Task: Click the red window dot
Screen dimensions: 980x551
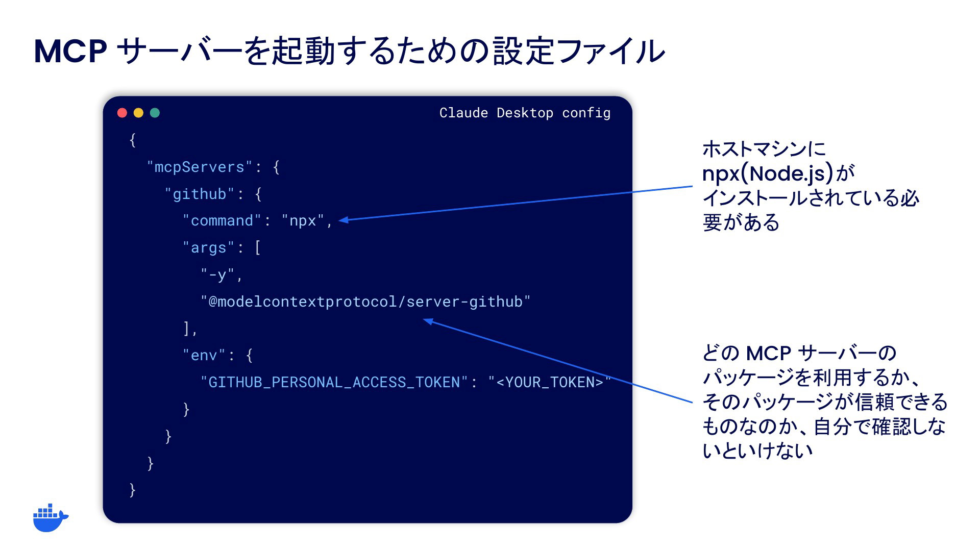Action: pyautogui.click(x=122, y=113)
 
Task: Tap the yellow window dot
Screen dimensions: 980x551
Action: pyautogui.click(x=138, y=113)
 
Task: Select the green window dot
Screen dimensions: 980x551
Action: pyautogui.click(x=155, y=113)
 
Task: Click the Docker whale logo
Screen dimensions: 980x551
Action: pyautogui.click(x=51, y=518)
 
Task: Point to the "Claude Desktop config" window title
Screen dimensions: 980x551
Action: pyautogui.click(x=525, y=113)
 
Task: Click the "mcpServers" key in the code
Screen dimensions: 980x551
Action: pyautogui.click(x=200, y=167)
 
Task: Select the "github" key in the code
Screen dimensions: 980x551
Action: pyautogui.click(x=200, y=194)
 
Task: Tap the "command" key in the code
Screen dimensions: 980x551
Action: pyautogui.click(x=222, y=220)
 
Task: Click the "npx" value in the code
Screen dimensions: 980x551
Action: pyautogui.click(x=303, y=221)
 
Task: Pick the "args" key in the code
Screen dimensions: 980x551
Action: pyautogui.click(x=208, y=248)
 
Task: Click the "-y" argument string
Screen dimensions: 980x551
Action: pyautogui.click(x=217, y=275)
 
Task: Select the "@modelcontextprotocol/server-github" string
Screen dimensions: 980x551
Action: pyautogui.click(x=365, y=302)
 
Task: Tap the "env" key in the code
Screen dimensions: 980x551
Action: pyautogui.click(x=204, y=355)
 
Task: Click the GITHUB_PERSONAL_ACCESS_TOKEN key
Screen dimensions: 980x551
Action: pyautogui.click(x=334, y=382)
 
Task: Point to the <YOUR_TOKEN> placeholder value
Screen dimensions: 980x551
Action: pyautogui.click(x=549, y=382)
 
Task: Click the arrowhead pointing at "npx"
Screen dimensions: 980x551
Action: pyautogui.click(x=344, y=220)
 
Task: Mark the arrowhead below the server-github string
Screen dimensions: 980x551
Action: pyautogui.click(x=428, y=321)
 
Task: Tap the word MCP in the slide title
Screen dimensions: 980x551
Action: pyautogui.click(x=70, y=51)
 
